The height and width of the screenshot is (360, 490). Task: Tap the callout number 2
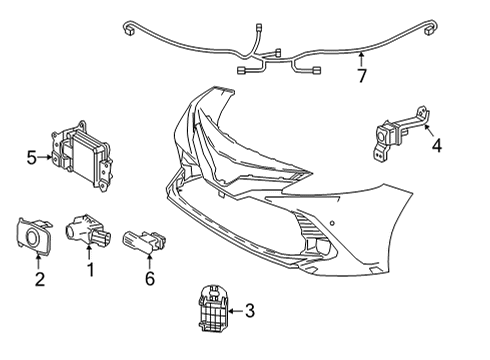(x=40, y=279)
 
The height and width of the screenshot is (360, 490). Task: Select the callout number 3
(x=249, y=311)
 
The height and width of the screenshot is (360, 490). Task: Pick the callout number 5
(x=32, y=157)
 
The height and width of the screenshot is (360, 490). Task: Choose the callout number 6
(x=150, y=279)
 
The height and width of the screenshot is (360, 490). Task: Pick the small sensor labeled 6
(x=142, y=241)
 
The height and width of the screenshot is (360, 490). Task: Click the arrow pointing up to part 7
(x=363, y=57)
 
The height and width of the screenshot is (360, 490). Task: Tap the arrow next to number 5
(x=46, y=157)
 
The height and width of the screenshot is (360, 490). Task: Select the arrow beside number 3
(x=234, y=311)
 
